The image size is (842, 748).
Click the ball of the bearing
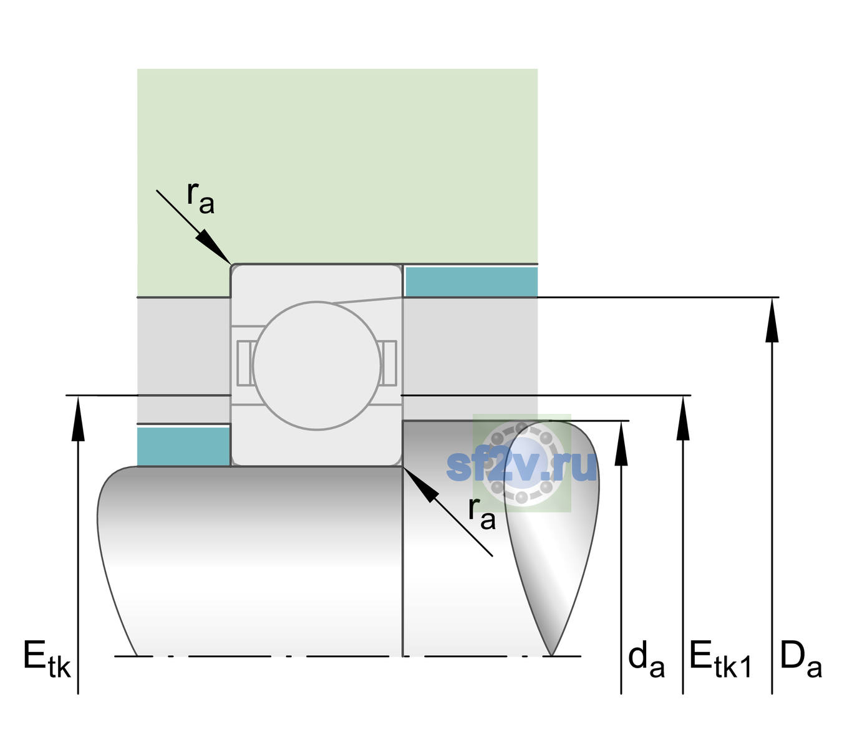click(317, 365)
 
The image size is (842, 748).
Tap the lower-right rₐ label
click(481, 514)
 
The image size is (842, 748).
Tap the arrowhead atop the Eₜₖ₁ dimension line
click(683, 418)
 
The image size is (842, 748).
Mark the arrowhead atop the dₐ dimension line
click(621, 443)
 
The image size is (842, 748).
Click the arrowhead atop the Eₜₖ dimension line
click(78, 418)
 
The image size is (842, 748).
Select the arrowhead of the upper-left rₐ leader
click(214, 247)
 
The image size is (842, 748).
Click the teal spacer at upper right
click(472, 281)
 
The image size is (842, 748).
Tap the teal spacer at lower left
click(183, 446)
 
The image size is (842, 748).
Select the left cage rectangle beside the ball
click(244, 363)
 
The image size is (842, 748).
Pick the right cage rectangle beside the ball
click(389, 363)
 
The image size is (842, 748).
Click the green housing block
click(337, 166)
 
